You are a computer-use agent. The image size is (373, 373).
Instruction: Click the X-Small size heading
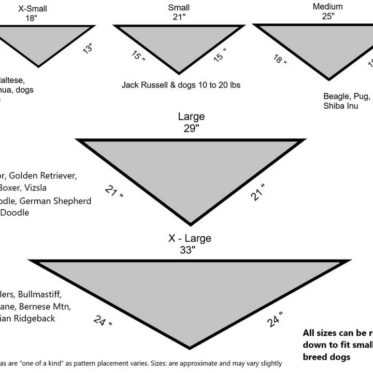(33, 8)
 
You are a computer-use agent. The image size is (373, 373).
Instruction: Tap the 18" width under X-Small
(33, 18)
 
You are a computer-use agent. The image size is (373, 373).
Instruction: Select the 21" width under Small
(179, 17)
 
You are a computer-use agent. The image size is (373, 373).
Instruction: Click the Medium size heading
(327, 7)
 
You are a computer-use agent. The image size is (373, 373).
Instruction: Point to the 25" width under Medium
(327, 16)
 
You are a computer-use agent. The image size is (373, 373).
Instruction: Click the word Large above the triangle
(191, 117)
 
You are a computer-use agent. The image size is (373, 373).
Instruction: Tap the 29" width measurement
(191, 128)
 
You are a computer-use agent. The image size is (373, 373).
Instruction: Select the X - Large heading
(190, 239)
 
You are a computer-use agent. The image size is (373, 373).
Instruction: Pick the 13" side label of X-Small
(87, 49)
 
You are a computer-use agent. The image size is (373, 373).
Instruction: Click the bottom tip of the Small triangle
(179, 73)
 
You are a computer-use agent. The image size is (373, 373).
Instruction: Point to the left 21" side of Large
(114, 191)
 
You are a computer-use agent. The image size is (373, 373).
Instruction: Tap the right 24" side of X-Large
(275, 320)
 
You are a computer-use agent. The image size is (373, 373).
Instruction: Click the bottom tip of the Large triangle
(191, 224)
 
